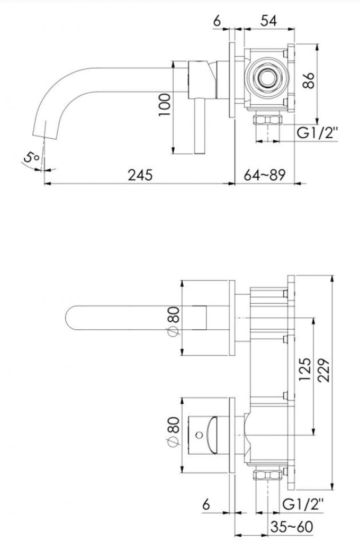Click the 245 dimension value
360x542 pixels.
coord(140,174)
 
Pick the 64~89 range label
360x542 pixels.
coord(265,174)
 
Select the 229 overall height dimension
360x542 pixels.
coord(324,371)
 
